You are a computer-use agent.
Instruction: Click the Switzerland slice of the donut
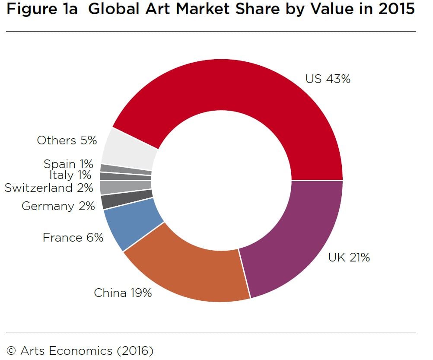click(125, 187)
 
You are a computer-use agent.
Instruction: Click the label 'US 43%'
click(328, 79)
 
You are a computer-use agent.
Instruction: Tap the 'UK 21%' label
click(349, 258)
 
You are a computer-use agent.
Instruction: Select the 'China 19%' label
click(123, 293)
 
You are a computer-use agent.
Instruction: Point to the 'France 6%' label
click(73, 238)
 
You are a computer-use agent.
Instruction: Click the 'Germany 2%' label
click(58, 206)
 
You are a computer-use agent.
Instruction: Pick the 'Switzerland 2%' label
click(48, 188)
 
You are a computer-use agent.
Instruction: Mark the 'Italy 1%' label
click(70, 175)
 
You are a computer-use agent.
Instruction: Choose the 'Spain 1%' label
click(68, 164)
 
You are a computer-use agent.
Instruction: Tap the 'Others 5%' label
click(67, 140)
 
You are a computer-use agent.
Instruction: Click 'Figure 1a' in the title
click(42, 10)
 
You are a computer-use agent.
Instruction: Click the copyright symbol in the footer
click(12, 350)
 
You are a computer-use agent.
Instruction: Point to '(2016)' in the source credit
click(135, 350)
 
